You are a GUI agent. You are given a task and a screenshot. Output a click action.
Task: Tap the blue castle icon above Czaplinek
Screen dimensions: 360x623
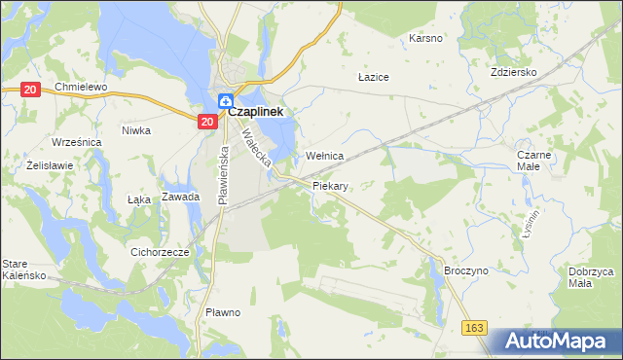[x=225, y=99]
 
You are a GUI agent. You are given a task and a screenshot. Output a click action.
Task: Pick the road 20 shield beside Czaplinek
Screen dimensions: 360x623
[x=206, y=121]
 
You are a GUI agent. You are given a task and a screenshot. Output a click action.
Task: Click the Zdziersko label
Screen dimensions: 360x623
[x=515, y=72]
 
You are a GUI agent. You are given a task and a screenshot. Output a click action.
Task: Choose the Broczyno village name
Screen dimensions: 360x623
[x=463, y=273]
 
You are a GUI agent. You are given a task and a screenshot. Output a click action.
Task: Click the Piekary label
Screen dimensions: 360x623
[x=330, y=184]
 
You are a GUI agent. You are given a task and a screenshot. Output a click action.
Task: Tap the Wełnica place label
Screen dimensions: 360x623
[x=325, y=156]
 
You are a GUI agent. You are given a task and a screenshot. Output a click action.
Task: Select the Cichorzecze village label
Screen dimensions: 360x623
[x=159, y=250]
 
